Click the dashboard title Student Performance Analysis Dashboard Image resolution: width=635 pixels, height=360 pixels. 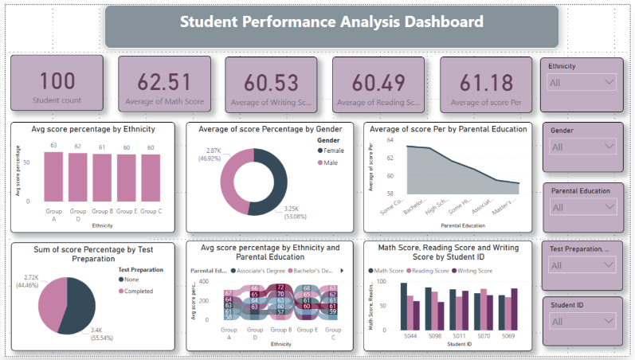click(331, 22)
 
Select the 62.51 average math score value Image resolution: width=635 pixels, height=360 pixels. click(164, 81)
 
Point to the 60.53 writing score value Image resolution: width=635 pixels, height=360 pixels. click(271, 81)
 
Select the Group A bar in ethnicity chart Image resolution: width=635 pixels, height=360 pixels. click(53, 176)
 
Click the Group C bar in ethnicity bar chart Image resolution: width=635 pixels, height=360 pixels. click(151, 178)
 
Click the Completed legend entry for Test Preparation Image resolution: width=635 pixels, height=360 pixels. click(140, 292)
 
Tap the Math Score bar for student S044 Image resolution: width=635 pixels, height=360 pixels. click(404, 307)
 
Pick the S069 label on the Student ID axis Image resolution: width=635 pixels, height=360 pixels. click(508, 337)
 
